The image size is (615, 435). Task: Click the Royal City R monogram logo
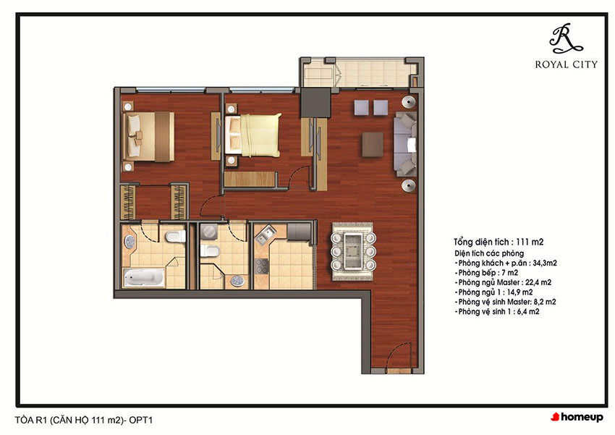tap(565, 38)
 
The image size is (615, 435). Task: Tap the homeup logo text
tap(577, 417)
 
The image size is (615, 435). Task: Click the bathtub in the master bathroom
tap(143, 277)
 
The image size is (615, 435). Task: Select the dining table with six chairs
tap(353, 251)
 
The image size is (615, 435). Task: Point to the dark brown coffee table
tap(372, 144)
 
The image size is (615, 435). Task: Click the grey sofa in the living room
tap(405, 144)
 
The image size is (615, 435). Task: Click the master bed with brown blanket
tap(148, 136)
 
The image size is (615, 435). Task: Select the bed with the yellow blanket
tap(253, 135)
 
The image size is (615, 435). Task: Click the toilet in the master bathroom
tap(175, 237)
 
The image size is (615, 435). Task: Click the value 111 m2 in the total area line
tap(530, 242)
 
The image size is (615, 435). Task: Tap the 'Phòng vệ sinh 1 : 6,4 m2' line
tap(497, 312)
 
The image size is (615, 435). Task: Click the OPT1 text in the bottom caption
tap(141, 420)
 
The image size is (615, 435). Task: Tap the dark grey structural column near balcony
tap(315, 102)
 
